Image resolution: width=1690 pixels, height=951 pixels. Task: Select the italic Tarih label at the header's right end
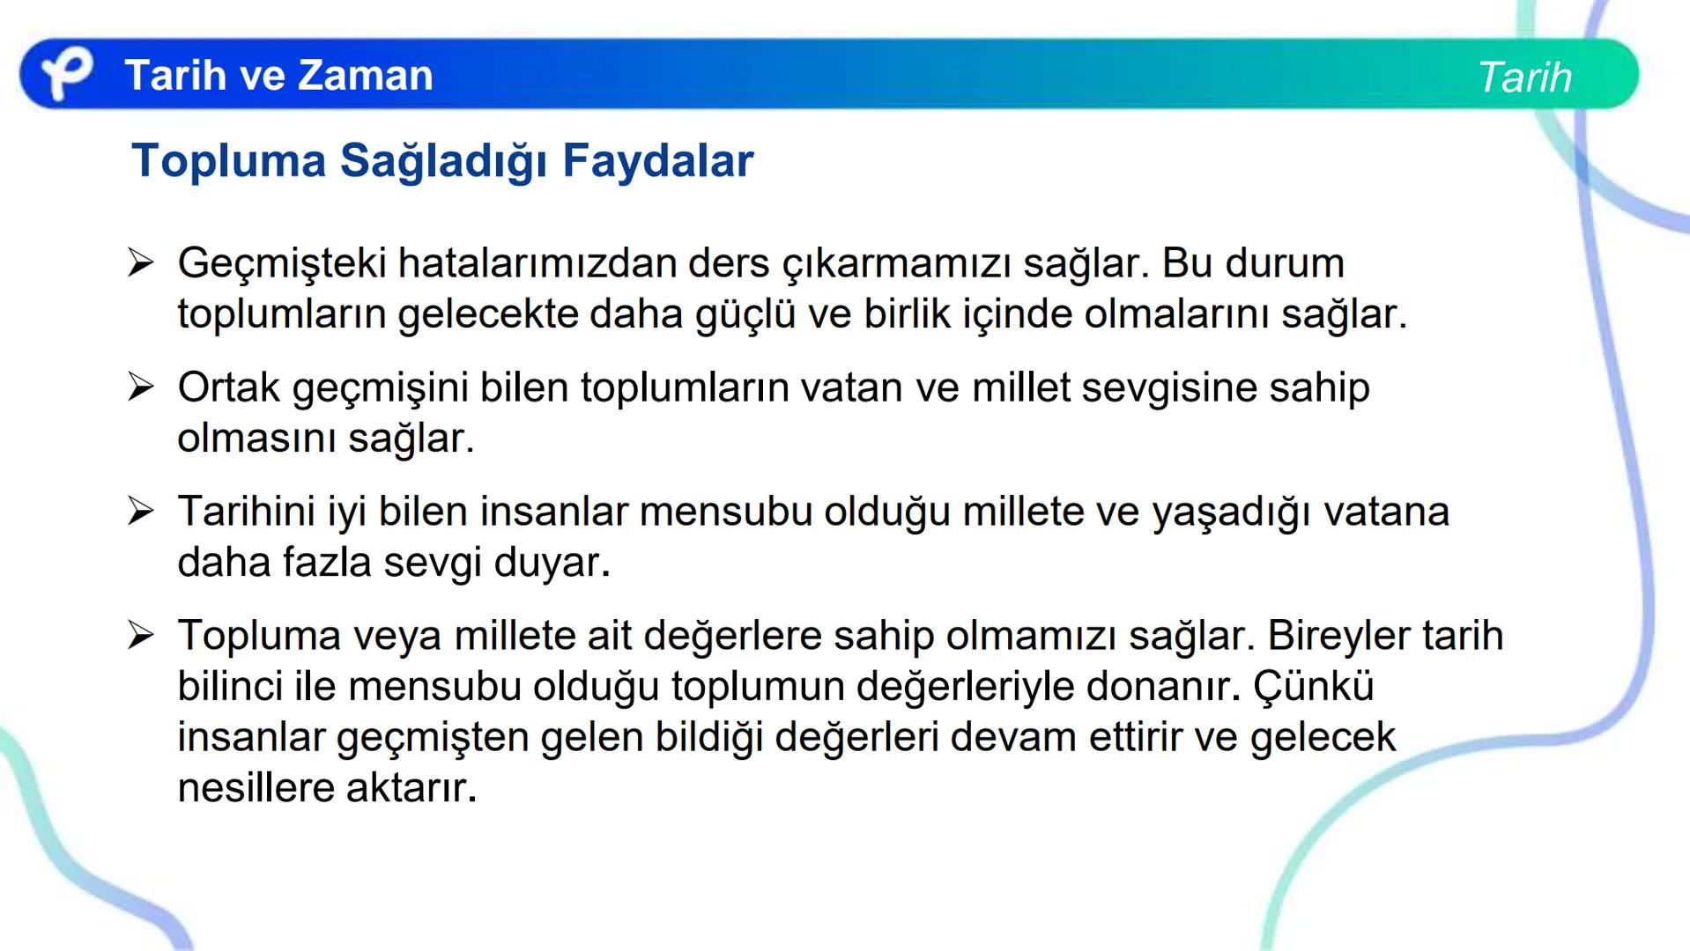[x=1523, y=77]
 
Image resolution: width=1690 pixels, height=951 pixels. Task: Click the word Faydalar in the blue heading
[x=657, y=161]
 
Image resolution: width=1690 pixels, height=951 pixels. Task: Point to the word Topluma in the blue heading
[x=228, y=161]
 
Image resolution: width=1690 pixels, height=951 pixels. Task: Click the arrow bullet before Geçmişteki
[x=140, y=262]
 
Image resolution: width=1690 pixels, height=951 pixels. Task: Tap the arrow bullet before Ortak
[x=140, y=387]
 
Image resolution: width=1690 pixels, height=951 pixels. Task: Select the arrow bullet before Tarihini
[x=140, y=511]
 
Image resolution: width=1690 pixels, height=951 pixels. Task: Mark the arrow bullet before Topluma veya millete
[x=140, y=635]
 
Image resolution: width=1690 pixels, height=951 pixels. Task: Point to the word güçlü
[x=745, y=314]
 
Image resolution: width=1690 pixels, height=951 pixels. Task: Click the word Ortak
[x=228, y=387]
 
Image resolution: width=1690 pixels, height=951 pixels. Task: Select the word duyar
[x=552, y=563]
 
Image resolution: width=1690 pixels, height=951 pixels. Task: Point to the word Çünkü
[x=1314, y=686]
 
